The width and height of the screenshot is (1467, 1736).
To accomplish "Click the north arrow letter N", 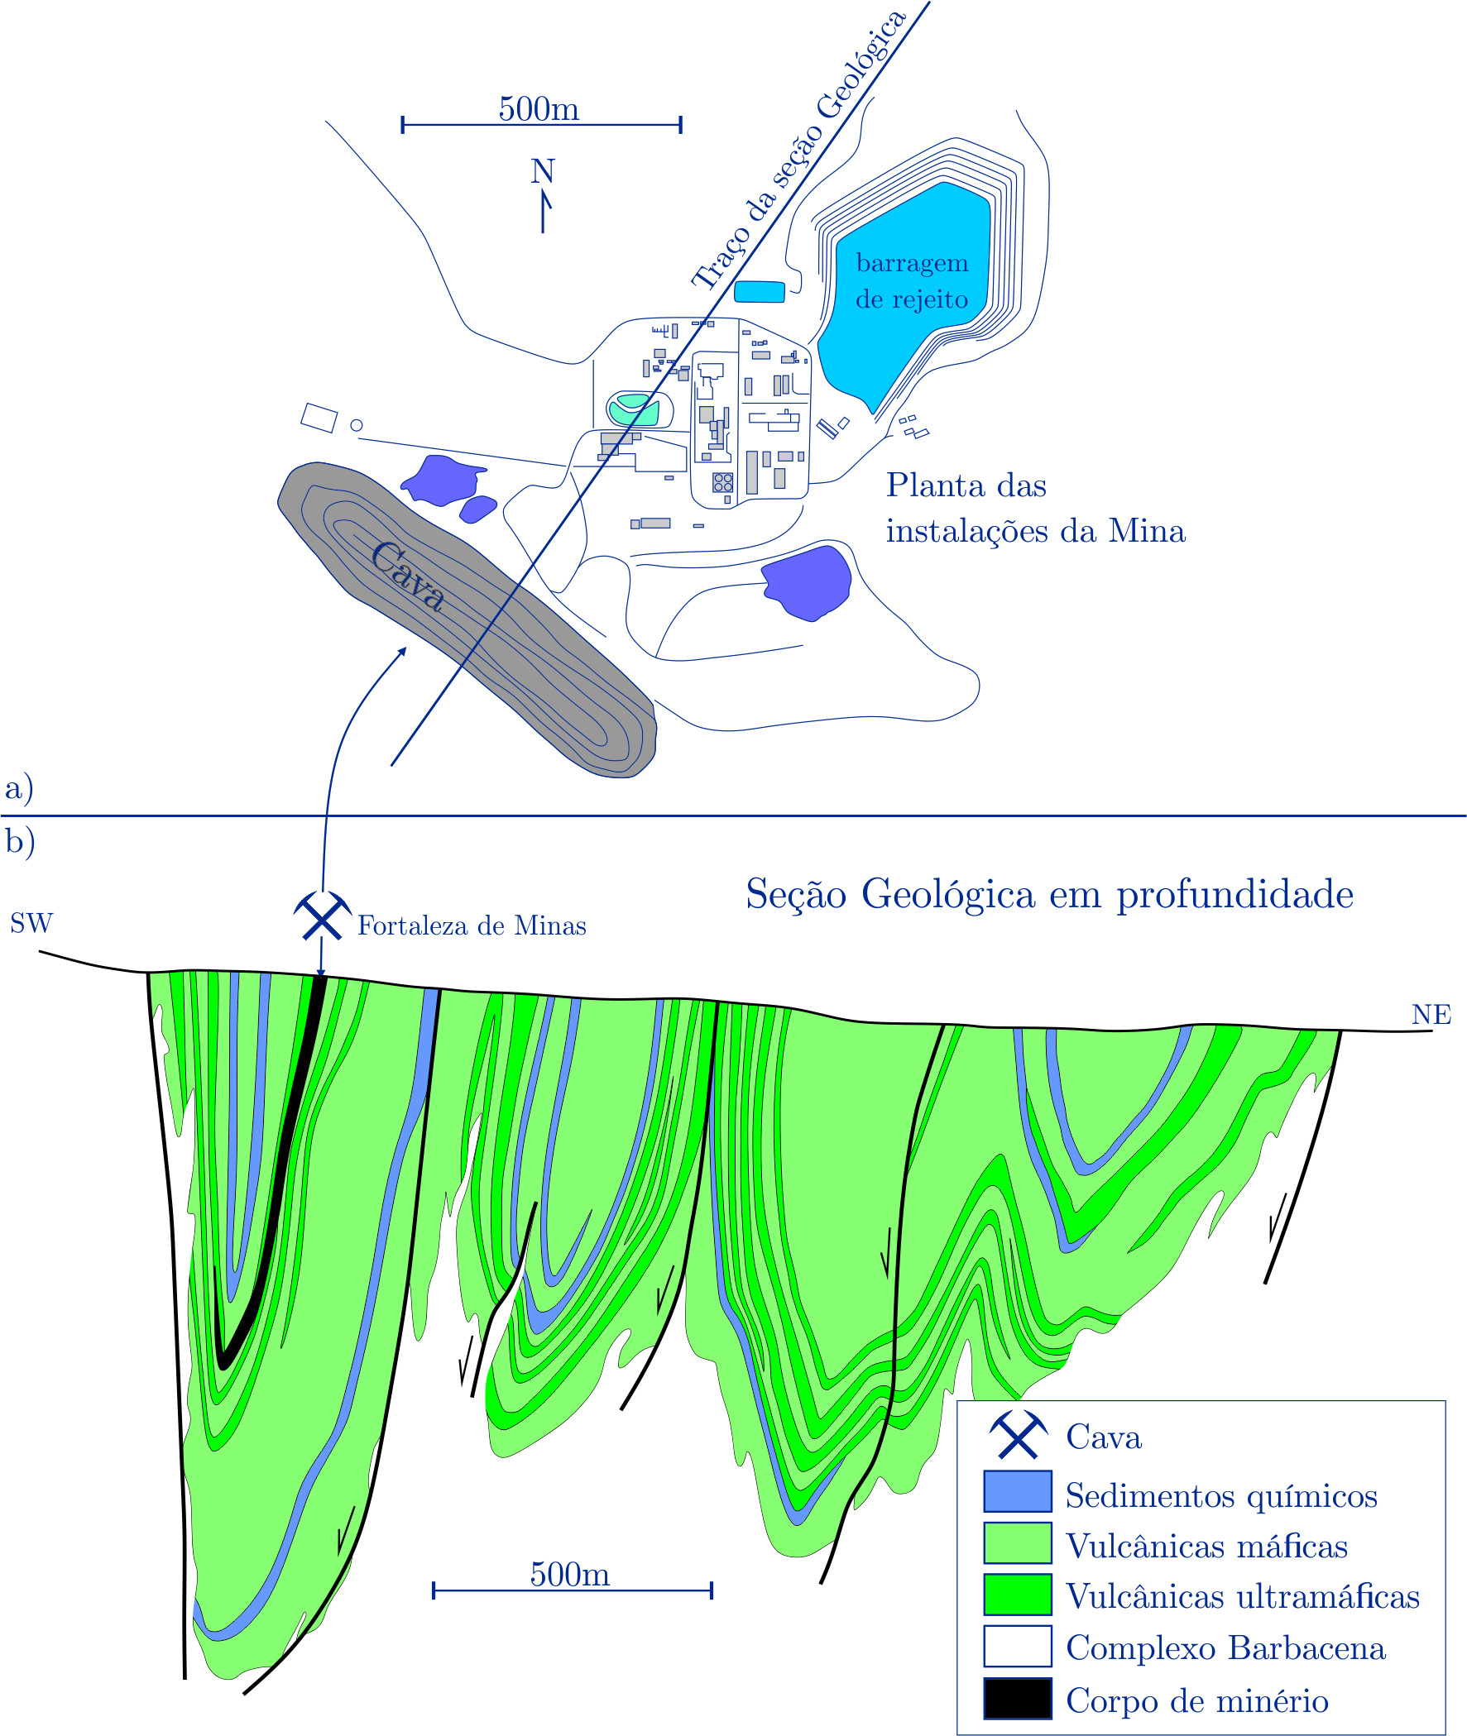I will tap(542, 171).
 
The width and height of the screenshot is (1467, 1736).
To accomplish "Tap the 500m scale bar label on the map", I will tap(539, 109).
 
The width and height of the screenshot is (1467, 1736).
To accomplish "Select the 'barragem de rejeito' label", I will tap(912, 281).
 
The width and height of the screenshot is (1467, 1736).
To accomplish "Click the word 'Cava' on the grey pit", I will tap(406, 575).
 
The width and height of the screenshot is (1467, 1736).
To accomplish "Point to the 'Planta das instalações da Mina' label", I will tap(1034, 508).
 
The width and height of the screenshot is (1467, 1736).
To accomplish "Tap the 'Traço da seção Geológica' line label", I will tap(798, 151).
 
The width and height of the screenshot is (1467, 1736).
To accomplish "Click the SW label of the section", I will tap(31, 924).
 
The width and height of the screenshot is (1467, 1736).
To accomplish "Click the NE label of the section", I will tap(1431, 1015).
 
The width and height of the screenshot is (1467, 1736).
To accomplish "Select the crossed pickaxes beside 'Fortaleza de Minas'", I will tap(322, 916).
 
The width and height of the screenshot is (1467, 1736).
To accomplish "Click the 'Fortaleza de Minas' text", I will tap(472, 926).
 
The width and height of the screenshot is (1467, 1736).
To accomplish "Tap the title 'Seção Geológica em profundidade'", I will tap(1049, 895).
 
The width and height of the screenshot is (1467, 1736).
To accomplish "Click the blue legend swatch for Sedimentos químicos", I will tap(1017, 1491).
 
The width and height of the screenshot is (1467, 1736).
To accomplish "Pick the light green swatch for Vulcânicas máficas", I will tap(1017, 1543).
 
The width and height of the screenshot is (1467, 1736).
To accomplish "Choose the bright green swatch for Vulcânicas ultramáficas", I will tap(1017, 1595).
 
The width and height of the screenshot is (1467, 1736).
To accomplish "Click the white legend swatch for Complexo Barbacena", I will tap(1017, 1647).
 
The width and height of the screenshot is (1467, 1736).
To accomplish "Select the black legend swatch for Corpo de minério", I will tap(1017, 1699).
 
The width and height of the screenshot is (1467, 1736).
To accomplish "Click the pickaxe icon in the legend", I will tap(1018, 1436).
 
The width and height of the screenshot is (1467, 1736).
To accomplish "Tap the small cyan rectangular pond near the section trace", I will tap(760, 292).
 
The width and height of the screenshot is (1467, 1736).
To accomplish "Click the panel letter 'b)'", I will tap(20, 841).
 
